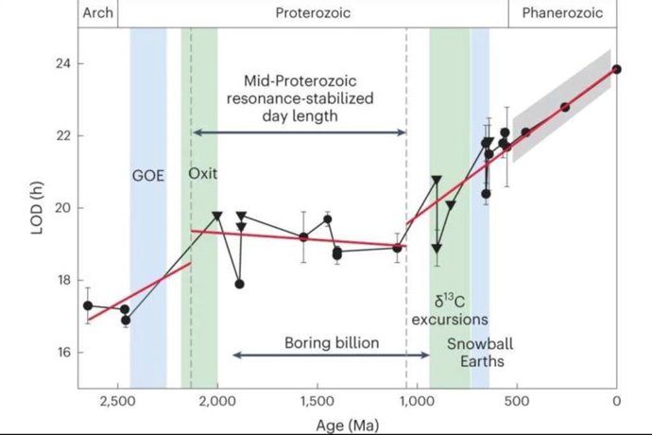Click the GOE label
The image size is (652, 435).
pyautogui.click(x=148, y=174)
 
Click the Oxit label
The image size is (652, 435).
pyautogui.click(x=202, y=174)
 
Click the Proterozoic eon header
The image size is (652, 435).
pyautogui.click(x=313, y=13)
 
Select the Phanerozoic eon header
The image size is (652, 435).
pyautogui.click(x=562, y=13)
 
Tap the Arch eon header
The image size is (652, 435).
pyautogui.click(x=97, y=13)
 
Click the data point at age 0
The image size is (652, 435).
pyautogui.click(x=617, y=69)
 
